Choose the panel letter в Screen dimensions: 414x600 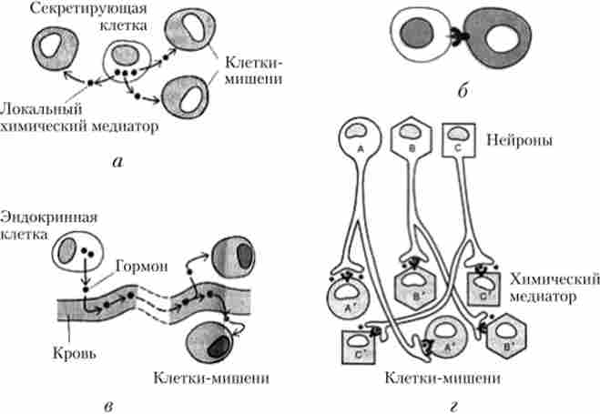coord(108,400)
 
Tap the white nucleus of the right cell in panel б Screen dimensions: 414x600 coord(502,40)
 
